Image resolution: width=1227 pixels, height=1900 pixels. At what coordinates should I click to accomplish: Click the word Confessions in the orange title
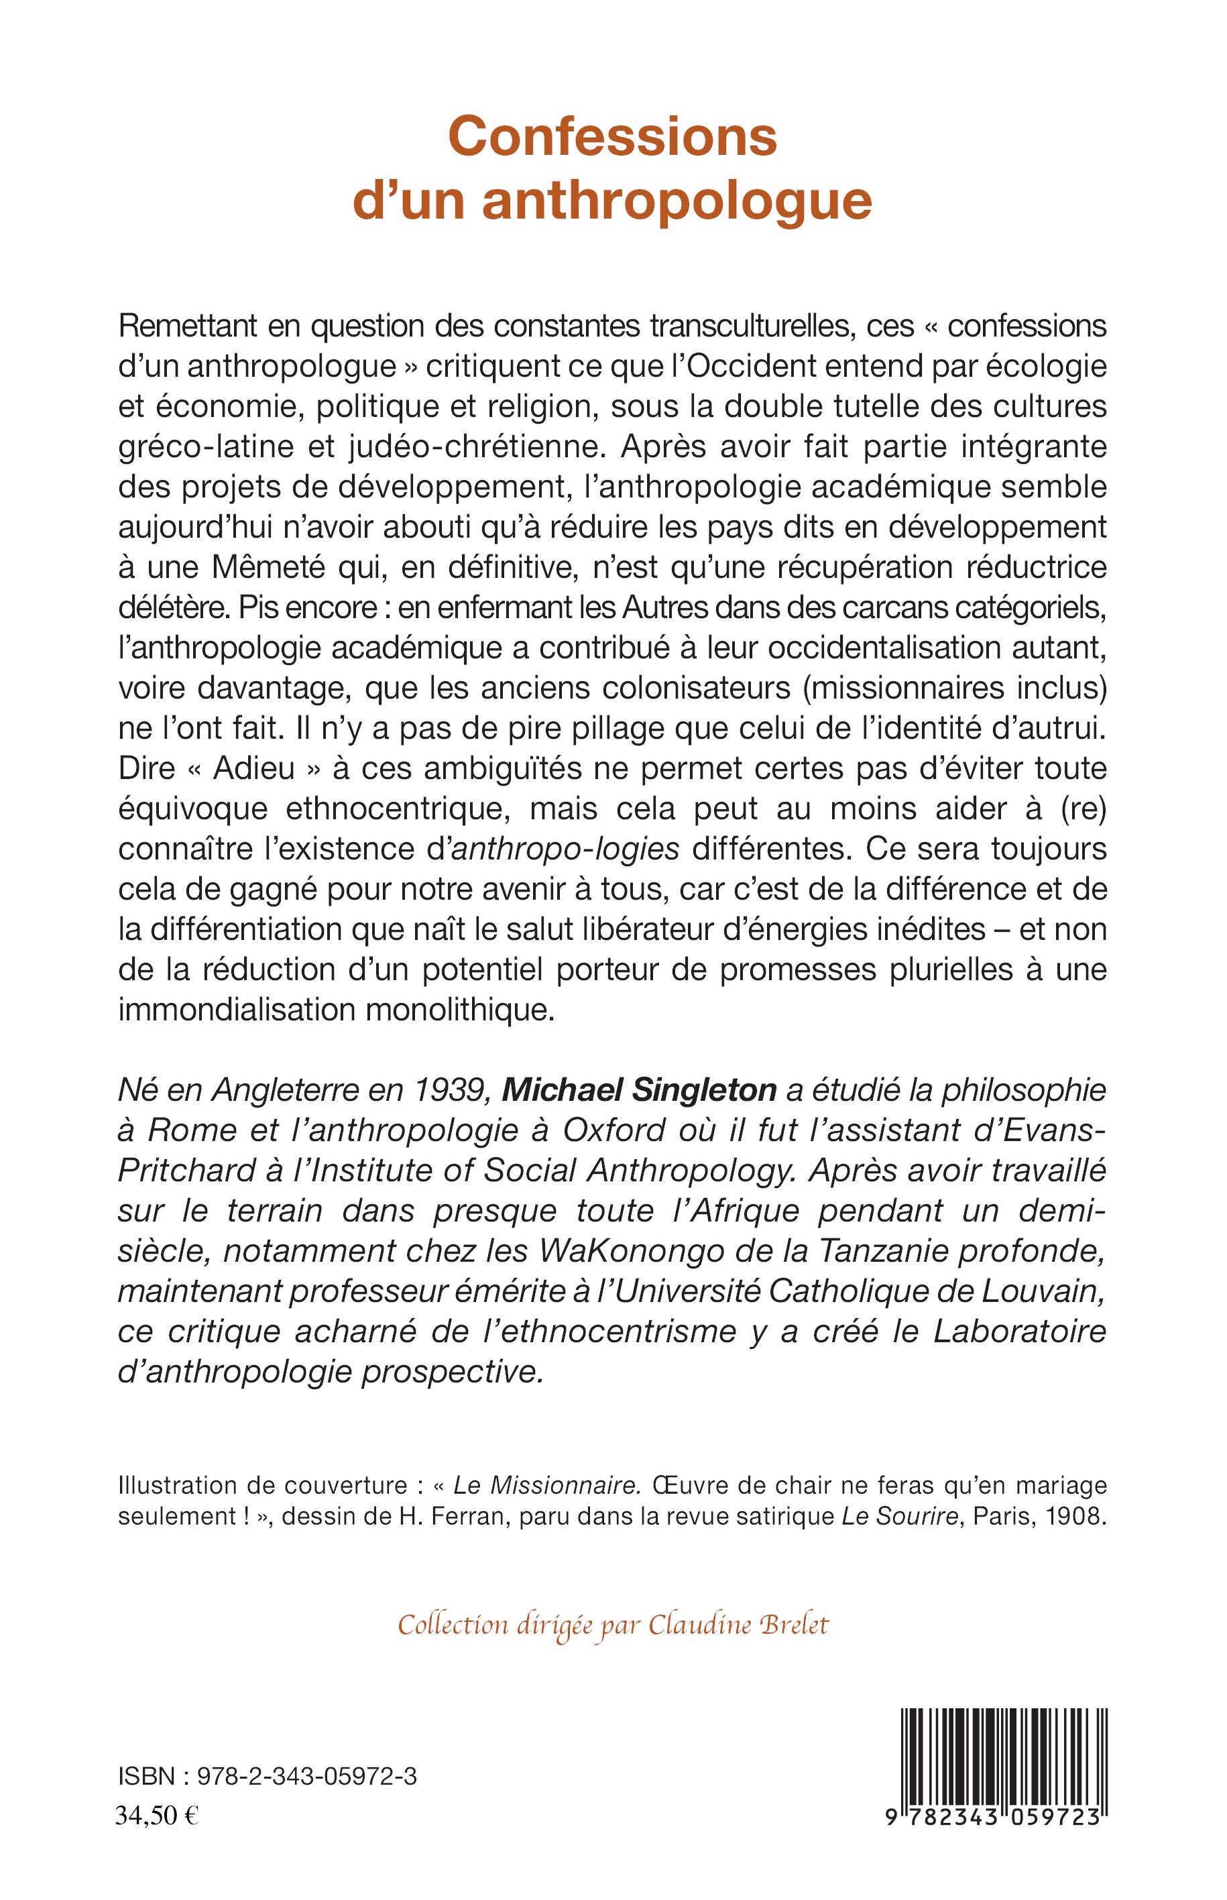click(x=612, y=137)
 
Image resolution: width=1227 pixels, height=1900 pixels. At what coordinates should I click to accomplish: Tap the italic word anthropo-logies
click(x=565, y=848)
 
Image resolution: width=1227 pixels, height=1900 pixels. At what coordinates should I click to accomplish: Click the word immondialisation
click(x=237, y=1010)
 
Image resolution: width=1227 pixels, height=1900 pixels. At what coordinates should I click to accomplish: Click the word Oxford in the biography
click(x=614, y=1130)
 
